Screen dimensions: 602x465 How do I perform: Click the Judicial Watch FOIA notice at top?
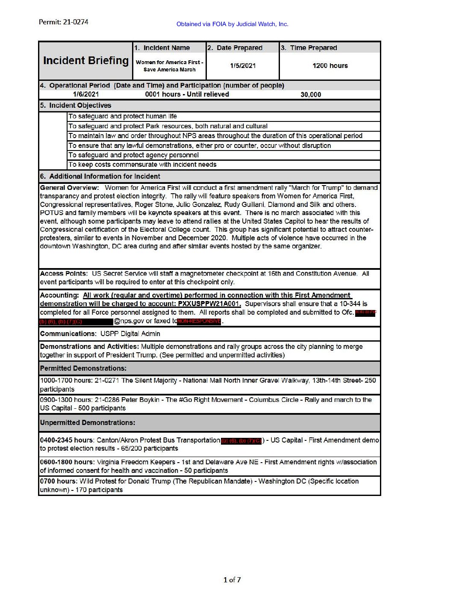click(232, 24)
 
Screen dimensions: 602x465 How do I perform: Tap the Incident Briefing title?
click(85, 61)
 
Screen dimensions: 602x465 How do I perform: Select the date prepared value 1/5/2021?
click(243, 66)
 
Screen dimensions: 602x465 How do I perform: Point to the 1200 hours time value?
click(330, 66)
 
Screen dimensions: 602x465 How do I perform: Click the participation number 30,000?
click(311, 94)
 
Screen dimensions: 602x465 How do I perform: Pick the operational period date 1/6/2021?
click(85, 94)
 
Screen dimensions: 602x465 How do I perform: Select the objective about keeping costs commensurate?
click(142, 165)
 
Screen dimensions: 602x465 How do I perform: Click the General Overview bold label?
click(69, 188)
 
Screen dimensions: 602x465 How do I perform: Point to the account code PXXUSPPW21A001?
click(209, 304)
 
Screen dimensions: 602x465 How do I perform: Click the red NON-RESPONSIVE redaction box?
click(199, 321)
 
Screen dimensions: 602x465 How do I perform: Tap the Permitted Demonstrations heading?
click(83, 369)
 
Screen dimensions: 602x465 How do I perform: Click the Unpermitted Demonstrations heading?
click(87, 423)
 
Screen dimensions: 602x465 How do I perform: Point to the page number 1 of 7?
click(232, 580)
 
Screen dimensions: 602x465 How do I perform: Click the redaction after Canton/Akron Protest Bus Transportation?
click(241, 441)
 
